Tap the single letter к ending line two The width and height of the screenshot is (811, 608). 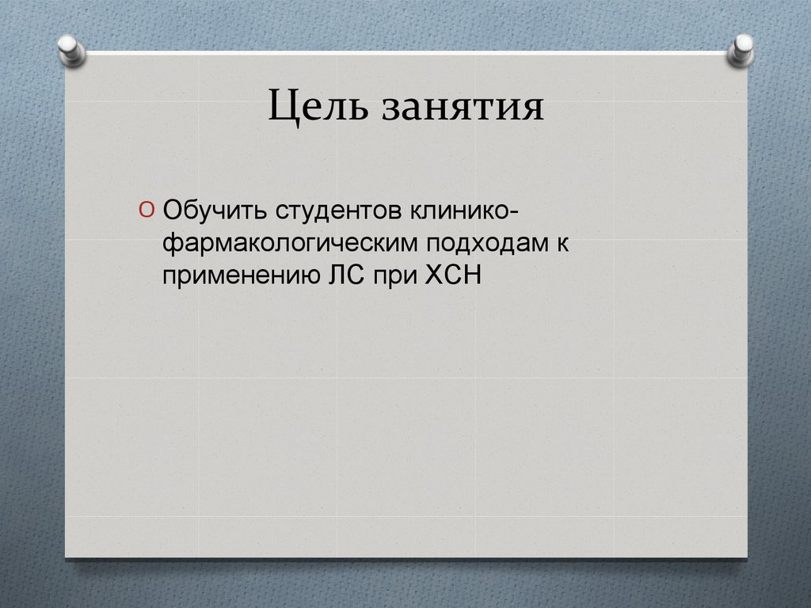point(562,244)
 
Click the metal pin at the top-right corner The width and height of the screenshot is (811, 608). point(741,49)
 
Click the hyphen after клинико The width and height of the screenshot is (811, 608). point(515,212)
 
